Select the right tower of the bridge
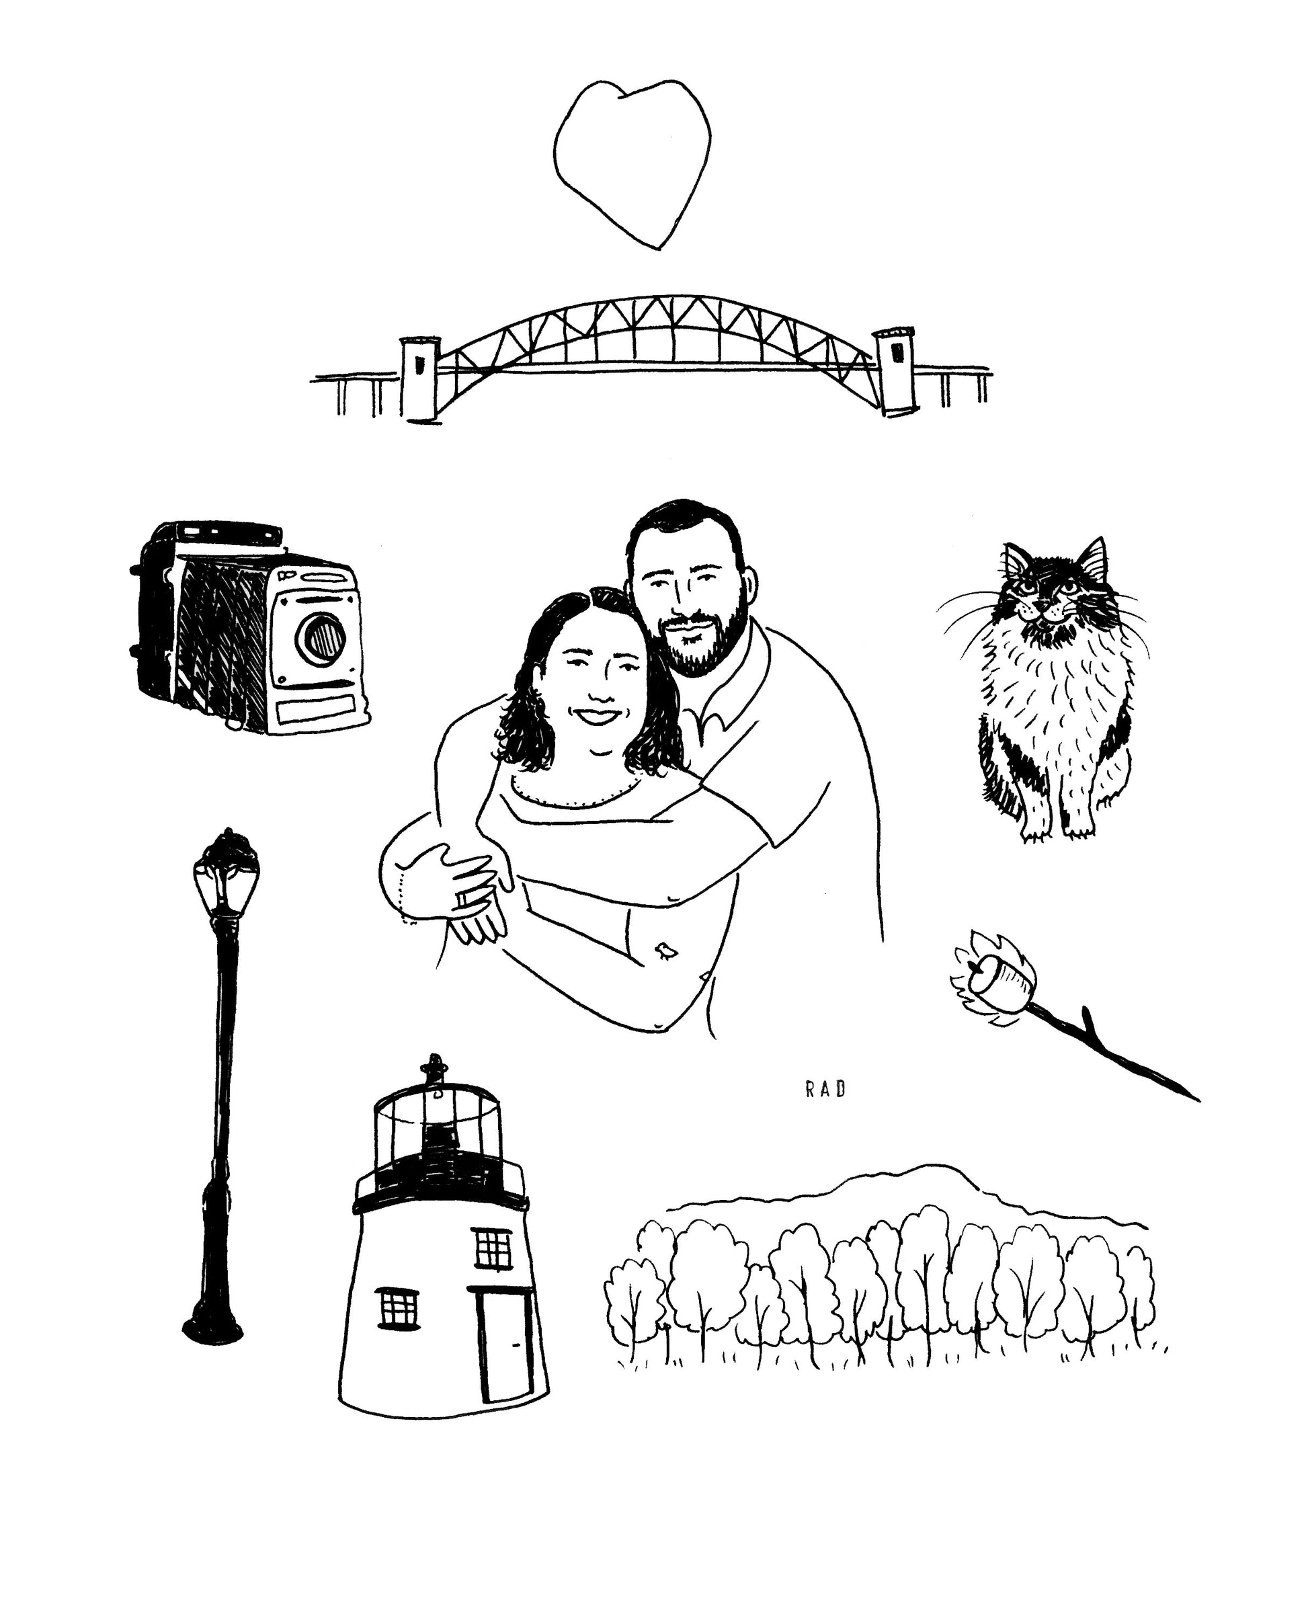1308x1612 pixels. pyautogui.click(x=895, y=371)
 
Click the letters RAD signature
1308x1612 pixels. pyautogui.click(x=825, y=1089)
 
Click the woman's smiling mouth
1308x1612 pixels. pyautogui.click(x=597, y=716)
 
